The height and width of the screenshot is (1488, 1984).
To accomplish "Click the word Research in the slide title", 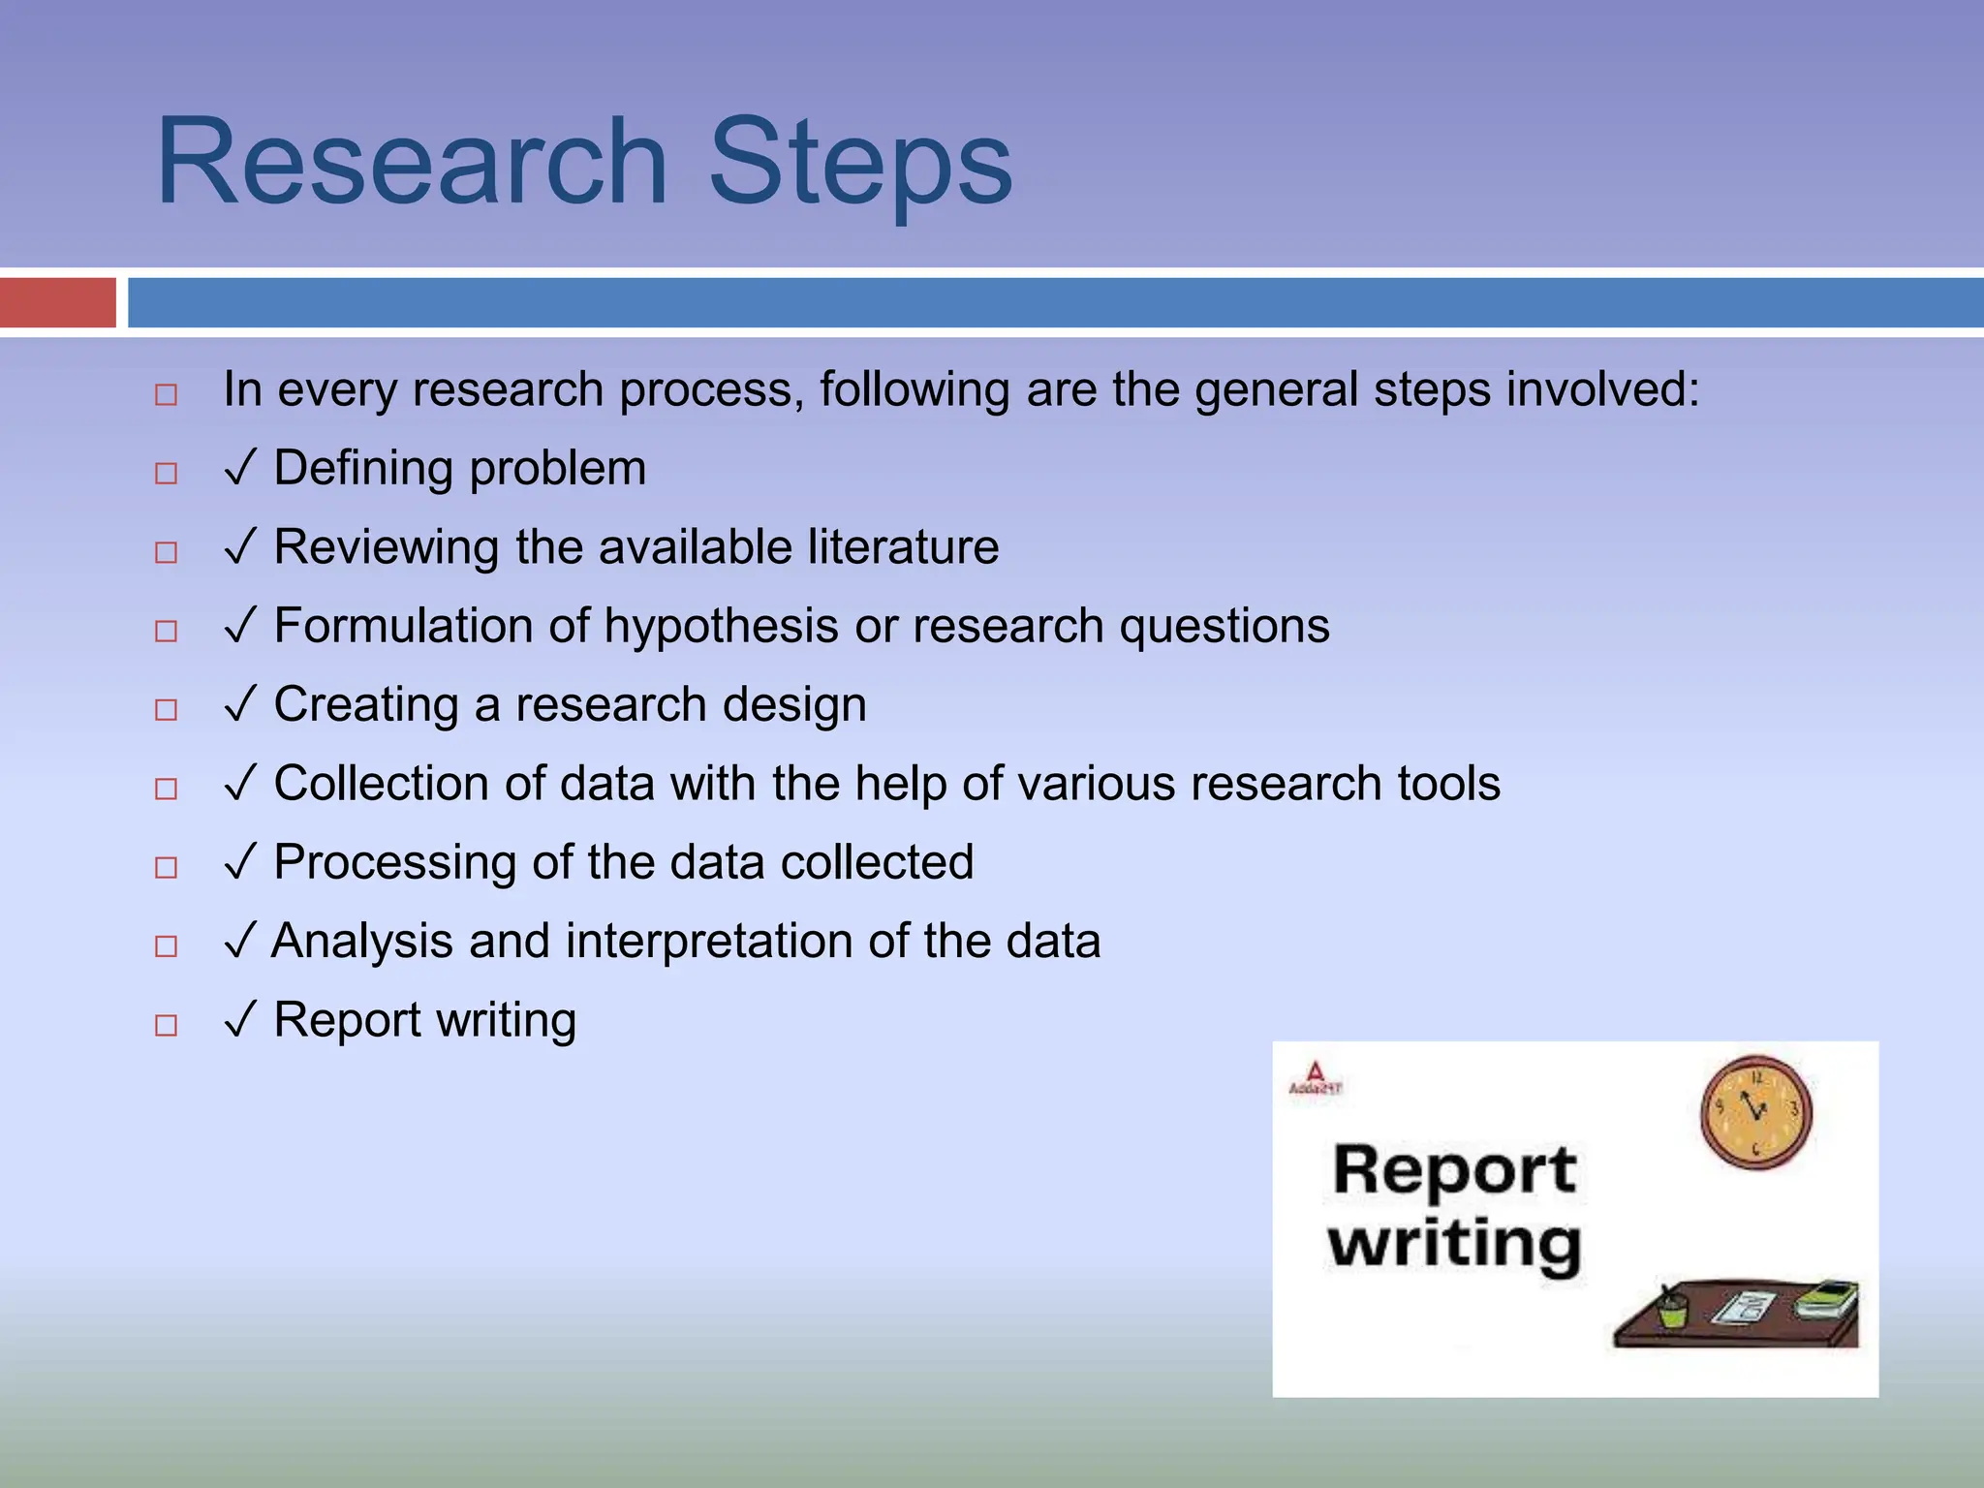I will coord(412,163).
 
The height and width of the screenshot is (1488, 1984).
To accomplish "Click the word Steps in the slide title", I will coord(860,163).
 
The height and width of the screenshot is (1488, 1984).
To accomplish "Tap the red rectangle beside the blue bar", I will coord(57,302).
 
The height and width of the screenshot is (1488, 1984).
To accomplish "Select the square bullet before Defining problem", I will coord(167,473).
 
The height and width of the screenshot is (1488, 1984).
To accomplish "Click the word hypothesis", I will coord(721,627).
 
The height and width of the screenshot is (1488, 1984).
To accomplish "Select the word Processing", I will coord(394,863).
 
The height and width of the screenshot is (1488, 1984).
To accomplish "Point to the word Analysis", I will coord(362,942).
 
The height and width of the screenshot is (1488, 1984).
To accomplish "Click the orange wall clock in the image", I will coord(1755,1112).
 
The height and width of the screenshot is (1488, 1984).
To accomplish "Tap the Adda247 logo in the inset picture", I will coord(1315,1078).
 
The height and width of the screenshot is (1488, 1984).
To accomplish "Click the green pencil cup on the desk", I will coord(1671,1311).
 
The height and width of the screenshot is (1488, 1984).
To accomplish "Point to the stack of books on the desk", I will coord(1826,1299).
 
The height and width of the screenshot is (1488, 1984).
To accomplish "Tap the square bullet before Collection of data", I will coord(167,789).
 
